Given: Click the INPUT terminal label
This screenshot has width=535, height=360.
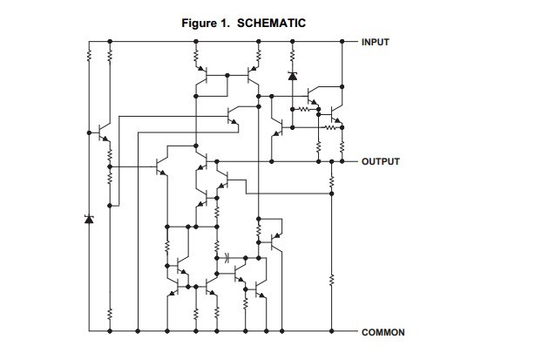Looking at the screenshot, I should click(377, 41).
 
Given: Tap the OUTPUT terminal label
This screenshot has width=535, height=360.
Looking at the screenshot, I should click(380, 162).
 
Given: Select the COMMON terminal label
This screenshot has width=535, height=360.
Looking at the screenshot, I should click(383, 332).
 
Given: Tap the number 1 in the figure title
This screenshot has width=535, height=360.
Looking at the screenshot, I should click(226, 23).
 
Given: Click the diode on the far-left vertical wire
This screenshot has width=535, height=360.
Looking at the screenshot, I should click(88, 218).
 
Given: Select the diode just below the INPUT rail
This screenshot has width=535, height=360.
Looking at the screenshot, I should click(292, 77).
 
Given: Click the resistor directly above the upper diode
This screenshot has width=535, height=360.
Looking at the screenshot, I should click(292, 56).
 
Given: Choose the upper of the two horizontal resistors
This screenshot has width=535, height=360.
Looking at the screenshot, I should click(303, 110).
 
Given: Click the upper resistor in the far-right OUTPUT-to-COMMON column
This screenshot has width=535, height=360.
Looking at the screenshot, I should click(332, 180).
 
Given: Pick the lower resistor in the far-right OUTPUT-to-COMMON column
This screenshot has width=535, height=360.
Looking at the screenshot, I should click(332, 281).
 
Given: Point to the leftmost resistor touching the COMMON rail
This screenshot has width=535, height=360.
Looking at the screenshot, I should click(109, 314).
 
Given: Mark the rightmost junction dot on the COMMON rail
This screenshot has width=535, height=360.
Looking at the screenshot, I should click(332, 332).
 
